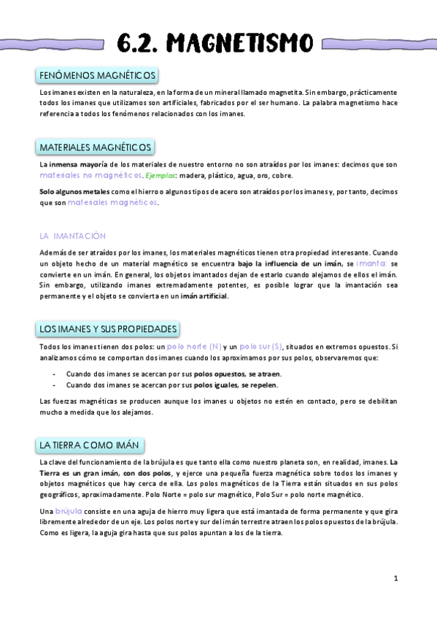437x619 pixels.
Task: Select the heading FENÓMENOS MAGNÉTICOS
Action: [96, 76]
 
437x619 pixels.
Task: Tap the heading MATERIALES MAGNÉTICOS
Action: [96, 147]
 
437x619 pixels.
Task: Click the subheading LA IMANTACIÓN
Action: [72, 236]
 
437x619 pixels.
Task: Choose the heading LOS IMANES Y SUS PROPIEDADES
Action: [108, 329]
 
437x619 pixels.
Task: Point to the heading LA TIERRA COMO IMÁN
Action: [91, 445]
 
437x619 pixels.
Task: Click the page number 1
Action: [395, 578]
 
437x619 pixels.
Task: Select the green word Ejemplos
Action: [160, 177]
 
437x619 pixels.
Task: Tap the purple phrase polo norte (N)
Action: [194, 347]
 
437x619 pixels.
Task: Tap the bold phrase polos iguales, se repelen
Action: [236, 385]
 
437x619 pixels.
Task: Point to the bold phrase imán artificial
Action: [204, 296]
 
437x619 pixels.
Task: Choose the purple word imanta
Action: [372, 263]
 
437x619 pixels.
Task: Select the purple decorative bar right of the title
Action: [378, 43]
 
